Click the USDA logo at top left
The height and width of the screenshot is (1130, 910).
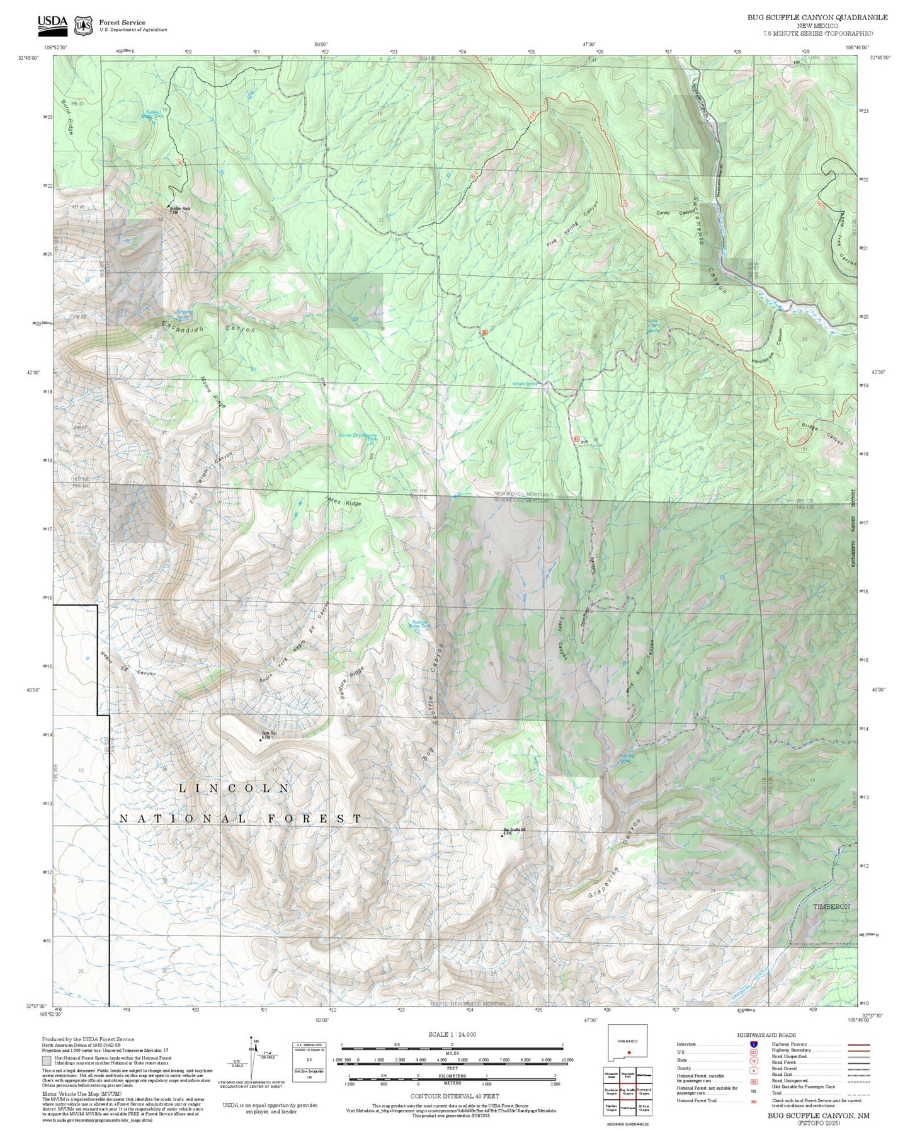click(x=52, y=24)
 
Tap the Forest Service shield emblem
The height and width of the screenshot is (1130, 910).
click(x=83, y=26)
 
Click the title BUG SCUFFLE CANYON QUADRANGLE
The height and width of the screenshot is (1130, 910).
click(x=817, y=18)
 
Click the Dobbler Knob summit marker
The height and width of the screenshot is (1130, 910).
click(x=169, y=206)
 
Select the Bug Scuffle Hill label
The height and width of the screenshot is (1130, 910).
click(x=514, y=831)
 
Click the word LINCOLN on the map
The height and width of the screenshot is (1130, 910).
click(x=234, y=788)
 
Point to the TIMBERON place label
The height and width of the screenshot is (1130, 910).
click(x=831, y=906)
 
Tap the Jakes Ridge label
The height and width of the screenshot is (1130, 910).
click(x=343, y=502)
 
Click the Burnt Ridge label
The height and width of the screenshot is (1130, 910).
click(x=67, y=118)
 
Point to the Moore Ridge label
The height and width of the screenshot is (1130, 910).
click(x=212, y=393)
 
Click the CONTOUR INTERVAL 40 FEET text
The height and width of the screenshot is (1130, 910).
click(x=452, y=1097)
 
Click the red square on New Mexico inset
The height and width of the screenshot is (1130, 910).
click(x=628, y=1053)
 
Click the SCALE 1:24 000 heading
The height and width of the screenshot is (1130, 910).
click(x=452, y=1034)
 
